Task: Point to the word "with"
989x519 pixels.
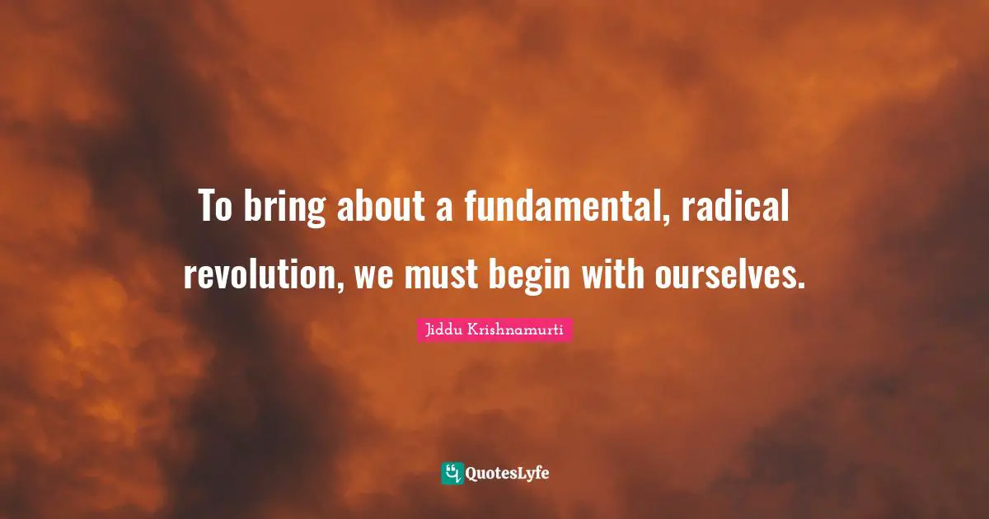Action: point(614,276)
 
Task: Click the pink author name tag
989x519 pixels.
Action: point(494,330)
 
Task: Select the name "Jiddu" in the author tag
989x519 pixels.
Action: point(444,330)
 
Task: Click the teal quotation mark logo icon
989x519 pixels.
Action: point(452,473)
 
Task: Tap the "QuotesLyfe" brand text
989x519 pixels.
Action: point(508,474)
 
